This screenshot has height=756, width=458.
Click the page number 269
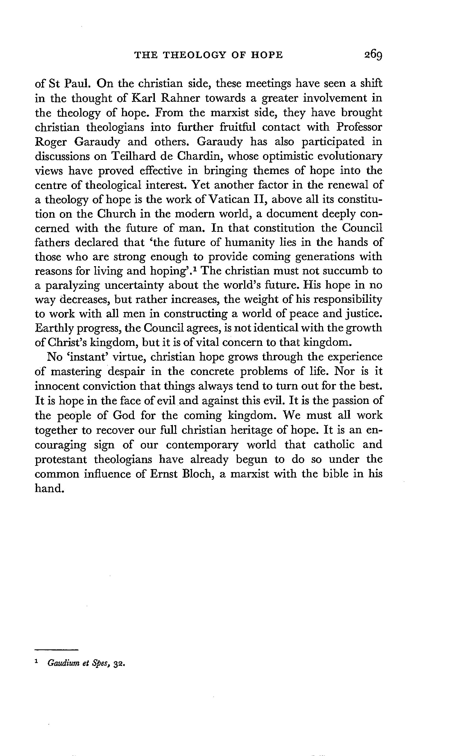tap(373, 55)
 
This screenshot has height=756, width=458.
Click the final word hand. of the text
tap(49, 488)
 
